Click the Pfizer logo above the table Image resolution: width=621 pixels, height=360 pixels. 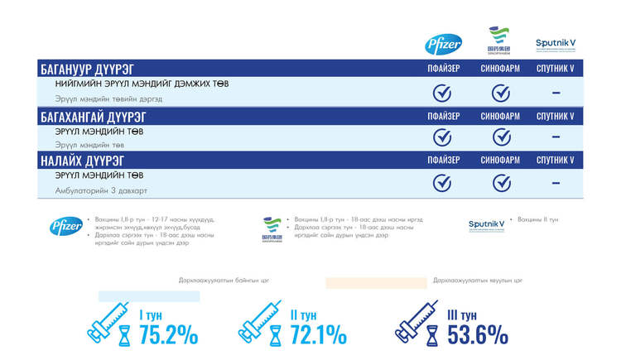(x=443, y=44)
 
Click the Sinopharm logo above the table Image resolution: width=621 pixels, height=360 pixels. (x=499, y=41)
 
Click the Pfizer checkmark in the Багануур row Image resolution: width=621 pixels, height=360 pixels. (x=443, y=93)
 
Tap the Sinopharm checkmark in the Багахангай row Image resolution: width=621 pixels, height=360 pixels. (x=500, y=137)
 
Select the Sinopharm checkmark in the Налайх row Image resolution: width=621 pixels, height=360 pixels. (x=500, y=182)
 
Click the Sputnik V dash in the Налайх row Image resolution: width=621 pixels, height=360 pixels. (x=556, y=183)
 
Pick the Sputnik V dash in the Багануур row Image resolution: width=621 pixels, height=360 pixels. (x=556, y=93)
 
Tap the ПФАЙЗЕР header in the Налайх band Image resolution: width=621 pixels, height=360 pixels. (x=443, y=160)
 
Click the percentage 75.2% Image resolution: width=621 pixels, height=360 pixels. (x=168, y=334)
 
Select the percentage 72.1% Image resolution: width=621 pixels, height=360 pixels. (x=318, y=334)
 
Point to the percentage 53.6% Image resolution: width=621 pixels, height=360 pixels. (x=478, y=334)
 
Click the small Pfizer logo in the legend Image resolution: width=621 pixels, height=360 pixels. (x=65, y=226)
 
